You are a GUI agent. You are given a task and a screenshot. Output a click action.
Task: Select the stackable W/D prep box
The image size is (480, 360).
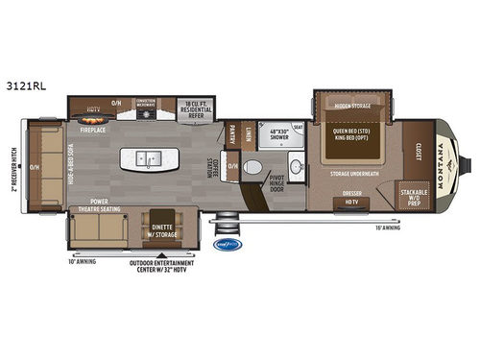pyautogui.click(x=415, y=197)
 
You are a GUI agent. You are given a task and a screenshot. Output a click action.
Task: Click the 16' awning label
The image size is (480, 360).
pyautogui.click(x=387, y=227)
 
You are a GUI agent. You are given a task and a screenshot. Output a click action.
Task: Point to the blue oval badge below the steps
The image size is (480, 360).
pyautogui.click(x=233, y=244)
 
